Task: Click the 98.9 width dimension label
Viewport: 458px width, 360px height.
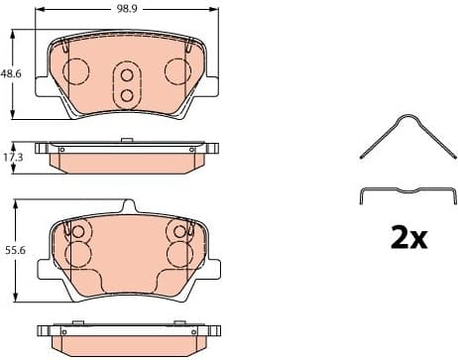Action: tap(126, 8)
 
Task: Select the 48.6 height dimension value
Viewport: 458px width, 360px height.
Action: tap(10, 73)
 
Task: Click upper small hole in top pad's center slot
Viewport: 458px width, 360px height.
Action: tap(127, 74)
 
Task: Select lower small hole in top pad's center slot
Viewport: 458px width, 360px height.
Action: tap(127, 94)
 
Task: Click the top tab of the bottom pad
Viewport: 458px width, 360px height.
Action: tap(126, 207)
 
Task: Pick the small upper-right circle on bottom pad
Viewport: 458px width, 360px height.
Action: tap(179, 232)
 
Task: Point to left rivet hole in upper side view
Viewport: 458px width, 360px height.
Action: tap(61, 150)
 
